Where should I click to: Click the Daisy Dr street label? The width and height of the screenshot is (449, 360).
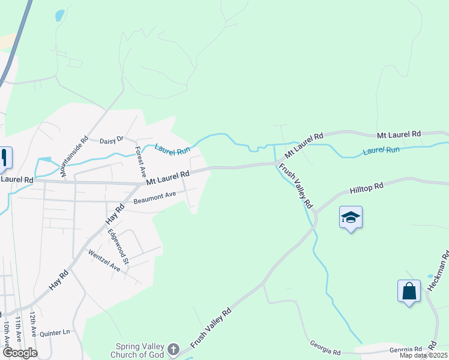point(111,140)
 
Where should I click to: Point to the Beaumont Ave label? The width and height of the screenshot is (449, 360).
point(155,197)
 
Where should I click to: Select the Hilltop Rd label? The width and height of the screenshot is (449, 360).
point(366,187)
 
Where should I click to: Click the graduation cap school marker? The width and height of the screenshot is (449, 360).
point(351,217)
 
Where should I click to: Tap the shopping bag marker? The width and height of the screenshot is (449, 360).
point(409,292)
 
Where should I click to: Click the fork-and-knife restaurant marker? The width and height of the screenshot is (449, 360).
point(4,158)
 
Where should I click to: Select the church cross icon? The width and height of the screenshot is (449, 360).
point(173,349)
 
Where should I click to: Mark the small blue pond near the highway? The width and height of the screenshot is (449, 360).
point(59,16)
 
